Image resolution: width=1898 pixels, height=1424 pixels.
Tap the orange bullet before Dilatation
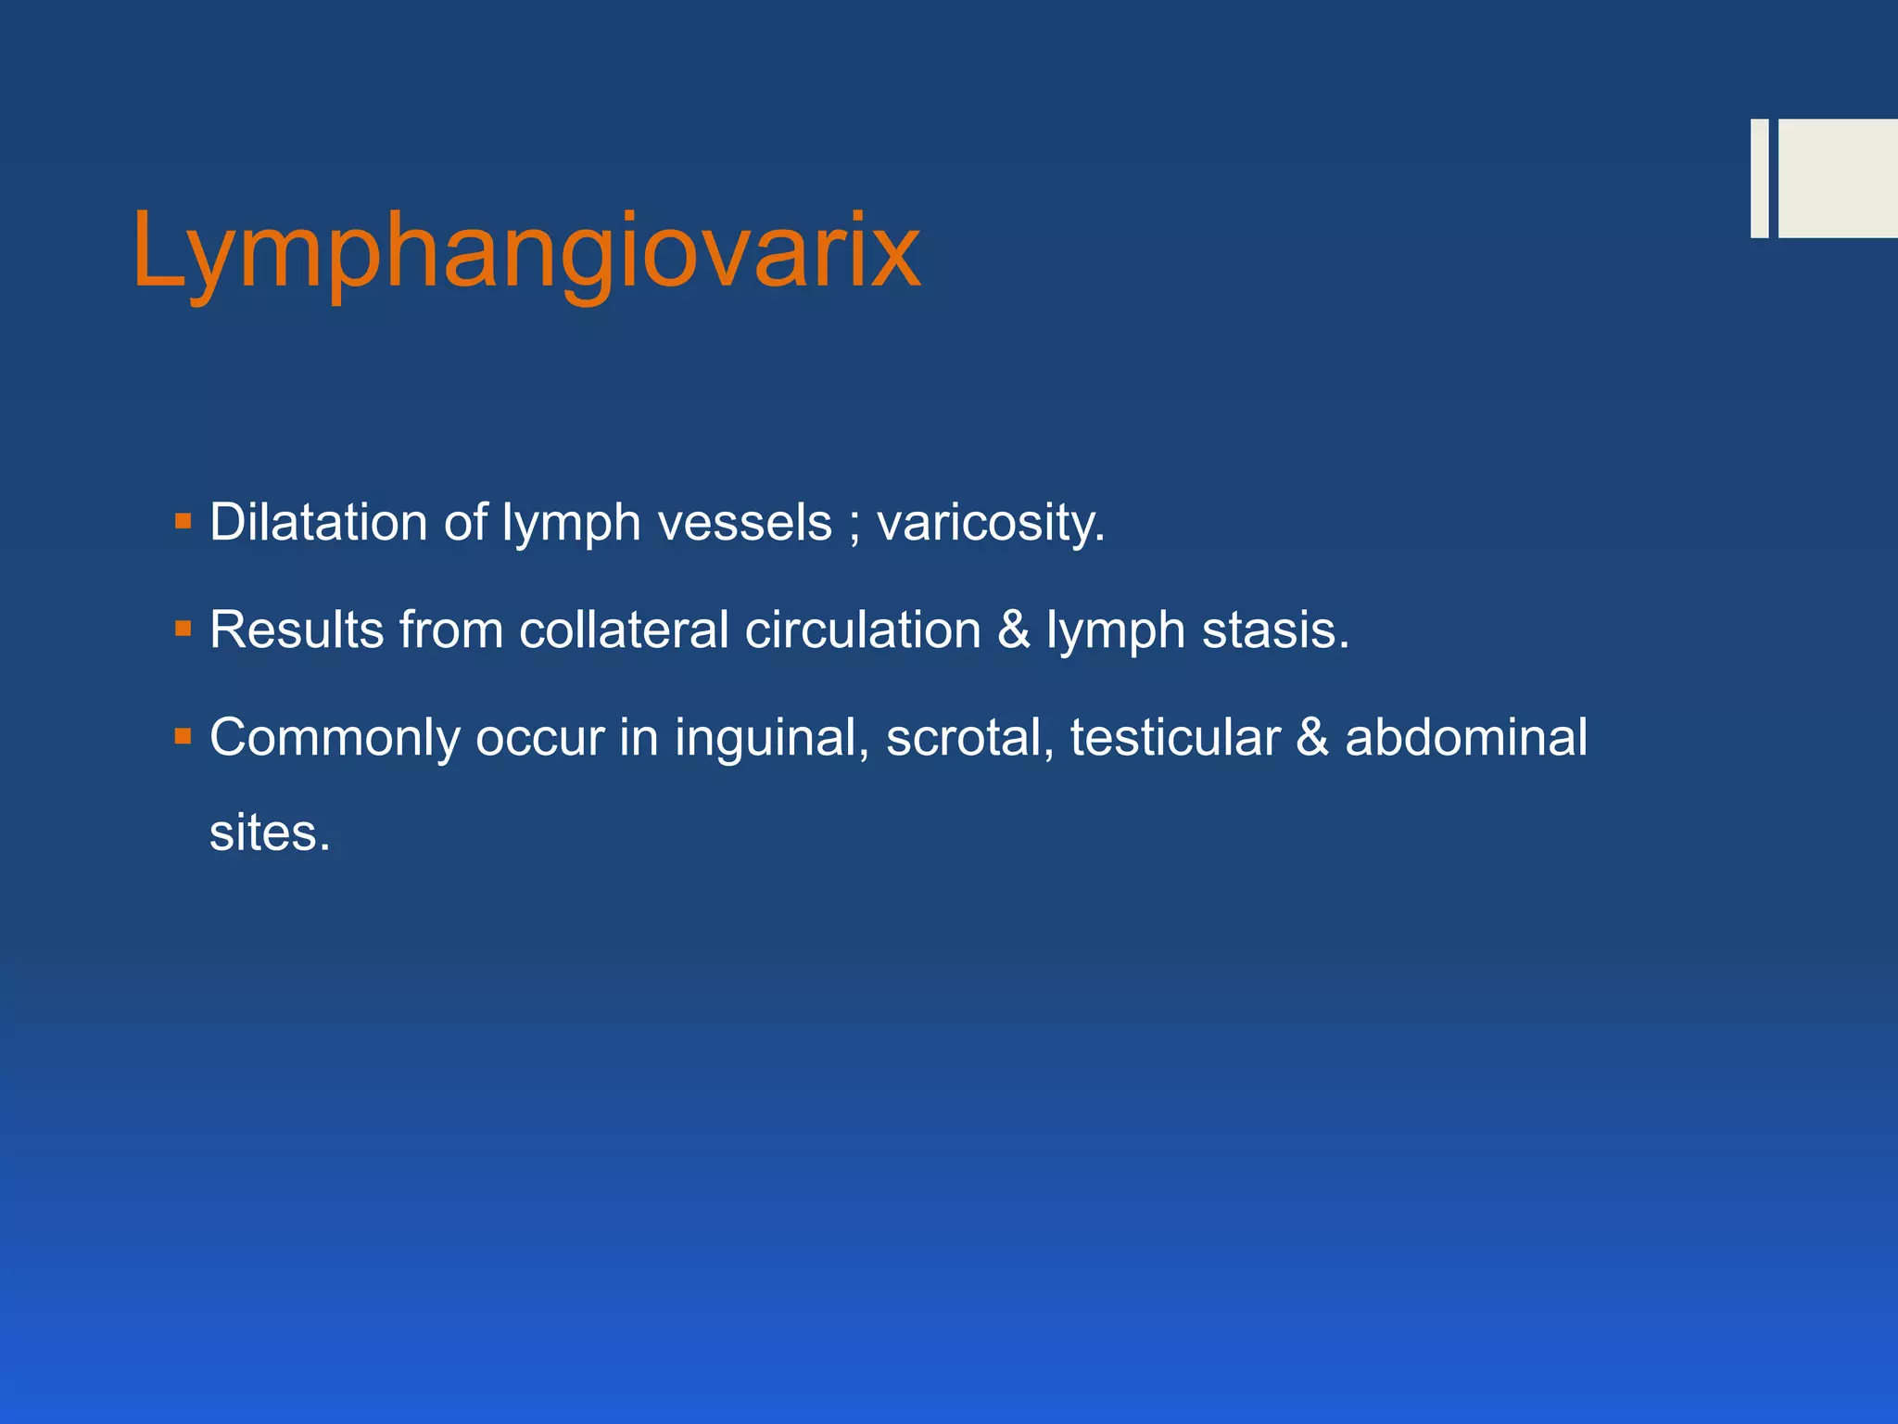pos(183,521)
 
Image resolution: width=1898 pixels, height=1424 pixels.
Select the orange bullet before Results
pos(183,629)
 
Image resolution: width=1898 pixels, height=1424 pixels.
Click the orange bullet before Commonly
pos(183,737)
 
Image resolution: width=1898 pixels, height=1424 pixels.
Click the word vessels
pos(745,522)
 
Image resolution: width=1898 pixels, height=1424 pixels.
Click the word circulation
pos(863,630)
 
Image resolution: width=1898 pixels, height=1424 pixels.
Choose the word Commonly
pos(335,739)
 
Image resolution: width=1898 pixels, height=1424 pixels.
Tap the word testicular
pos(1175,739)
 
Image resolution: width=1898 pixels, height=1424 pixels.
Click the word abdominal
pos(1466,739)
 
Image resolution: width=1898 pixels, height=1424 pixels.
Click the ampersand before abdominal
pos(1312,739)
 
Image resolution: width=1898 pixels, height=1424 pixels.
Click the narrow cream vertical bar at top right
pos(1759,178)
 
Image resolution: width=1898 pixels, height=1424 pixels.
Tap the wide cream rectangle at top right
pos(1838,178)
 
